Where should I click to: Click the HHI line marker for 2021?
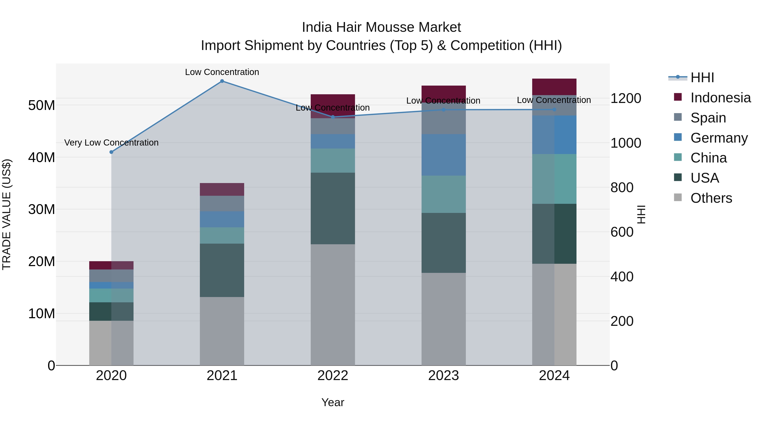222,81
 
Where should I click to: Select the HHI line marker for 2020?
111,152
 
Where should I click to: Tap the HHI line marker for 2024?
554,110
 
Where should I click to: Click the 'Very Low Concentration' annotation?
111,143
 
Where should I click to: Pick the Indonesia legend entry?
720,98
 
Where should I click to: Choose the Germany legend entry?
719,138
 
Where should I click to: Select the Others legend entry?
711,198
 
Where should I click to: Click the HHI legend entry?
702,78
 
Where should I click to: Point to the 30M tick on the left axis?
42,209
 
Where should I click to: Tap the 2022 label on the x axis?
333,376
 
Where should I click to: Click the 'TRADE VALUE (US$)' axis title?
7,214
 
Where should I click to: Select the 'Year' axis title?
333,402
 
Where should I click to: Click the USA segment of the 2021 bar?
222,270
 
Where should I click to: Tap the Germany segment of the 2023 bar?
443,155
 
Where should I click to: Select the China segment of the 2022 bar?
333,160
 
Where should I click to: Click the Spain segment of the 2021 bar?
222,203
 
